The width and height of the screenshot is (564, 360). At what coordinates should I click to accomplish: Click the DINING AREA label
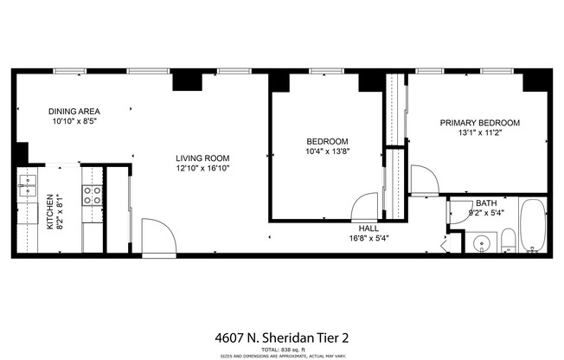(x=74, y=112)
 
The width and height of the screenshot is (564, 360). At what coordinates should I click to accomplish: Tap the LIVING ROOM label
(x=202, y=157)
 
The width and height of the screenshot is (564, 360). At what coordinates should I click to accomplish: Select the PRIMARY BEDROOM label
(x=479, y=123)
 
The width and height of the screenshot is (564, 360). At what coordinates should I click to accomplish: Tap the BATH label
(x=485, y=203)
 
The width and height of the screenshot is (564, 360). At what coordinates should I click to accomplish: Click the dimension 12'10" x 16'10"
(x=202, y=169)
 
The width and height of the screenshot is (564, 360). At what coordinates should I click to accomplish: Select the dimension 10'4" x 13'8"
(x=327, y=152)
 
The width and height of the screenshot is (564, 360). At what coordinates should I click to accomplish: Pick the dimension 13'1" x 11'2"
(x=479, y=134)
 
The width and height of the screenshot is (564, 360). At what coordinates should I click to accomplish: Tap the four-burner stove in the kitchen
(x=93, y=196)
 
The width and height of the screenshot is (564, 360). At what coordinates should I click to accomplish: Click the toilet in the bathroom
(x=509, y=241)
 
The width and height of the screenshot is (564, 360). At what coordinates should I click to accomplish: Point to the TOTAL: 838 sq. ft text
(x=283, y=348)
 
